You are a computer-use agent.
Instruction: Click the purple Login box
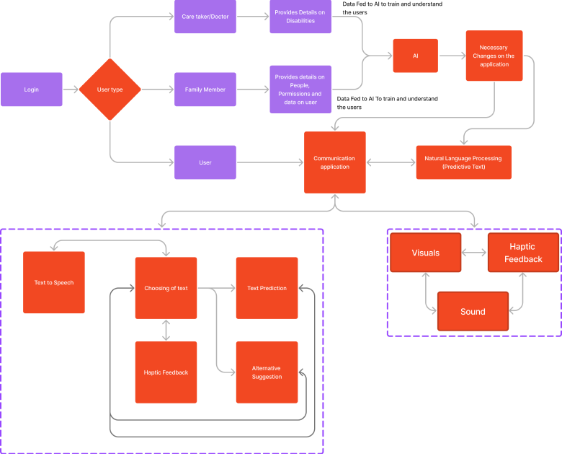[x=32, y=90]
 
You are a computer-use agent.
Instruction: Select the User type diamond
[x=110, y=90]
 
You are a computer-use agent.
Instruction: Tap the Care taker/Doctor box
[x=205, y=17]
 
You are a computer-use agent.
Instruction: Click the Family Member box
[x=205, y=90]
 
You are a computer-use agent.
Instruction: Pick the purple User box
[x=205, y=162]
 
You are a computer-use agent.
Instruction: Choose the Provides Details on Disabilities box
[x=300, y=17]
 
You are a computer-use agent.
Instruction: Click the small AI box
[x=415, y=56]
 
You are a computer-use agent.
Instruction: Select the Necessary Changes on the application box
[x=494, y=56]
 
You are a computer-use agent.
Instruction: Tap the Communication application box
[x=334, y=162]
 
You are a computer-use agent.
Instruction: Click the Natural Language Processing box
[x=463, y=162]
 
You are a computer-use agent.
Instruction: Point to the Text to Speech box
[x=54, y=282]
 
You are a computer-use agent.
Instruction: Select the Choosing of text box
[x=166, y=288]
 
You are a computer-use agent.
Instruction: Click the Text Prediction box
[x=267, y=288]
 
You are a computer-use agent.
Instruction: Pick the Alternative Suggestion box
[x=267, y=372]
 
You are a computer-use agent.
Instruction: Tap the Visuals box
[x=425, y=253]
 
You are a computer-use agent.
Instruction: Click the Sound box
[x=473, y=311]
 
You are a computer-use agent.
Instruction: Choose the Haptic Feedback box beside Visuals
[x=523, y=253]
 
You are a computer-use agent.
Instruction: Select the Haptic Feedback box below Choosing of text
[x=166, y=372]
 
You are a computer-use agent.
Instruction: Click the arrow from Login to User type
[x=71, y=90]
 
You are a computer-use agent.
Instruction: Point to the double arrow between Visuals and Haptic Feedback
[x=474, y=253]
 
